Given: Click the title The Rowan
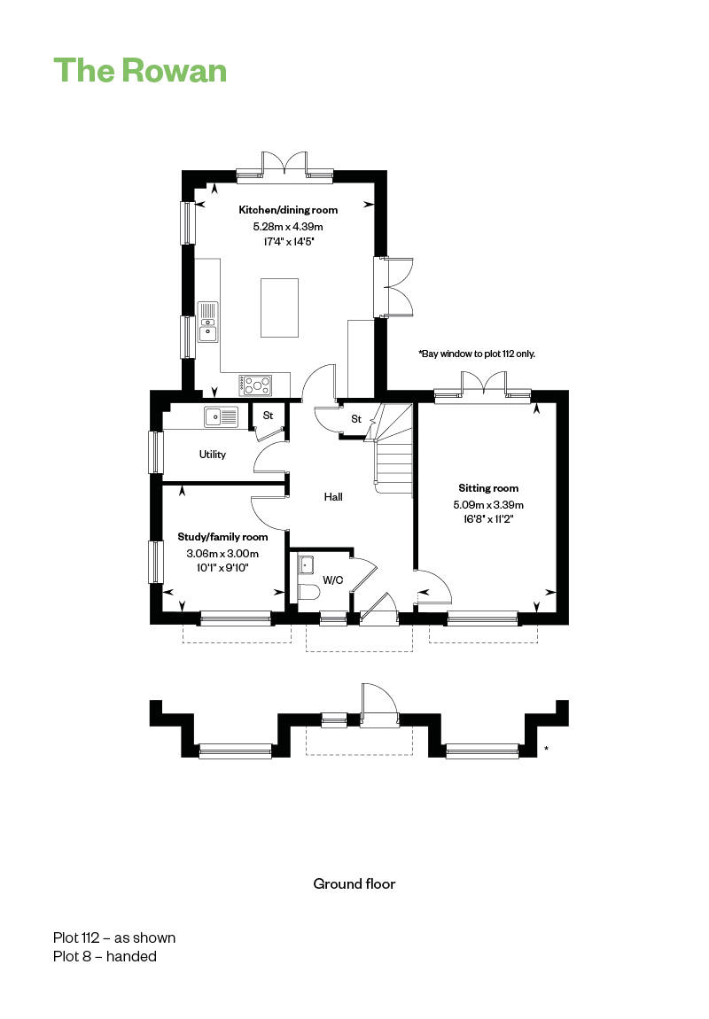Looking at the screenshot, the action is pos(140,71).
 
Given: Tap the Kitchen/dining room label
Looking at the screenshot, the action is pos(288,210).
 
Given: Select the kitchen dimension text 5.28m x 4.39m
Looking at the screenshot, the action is pos(288,227).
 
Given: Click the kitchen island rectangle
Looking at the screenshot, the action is pos(279,307).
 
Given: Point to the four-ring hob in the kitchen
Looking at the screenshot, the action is pos(255,385).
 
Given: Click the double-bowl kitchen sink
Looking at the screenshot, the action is pos(208,322).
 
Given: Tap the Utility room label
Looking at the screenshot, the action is pos(213,455).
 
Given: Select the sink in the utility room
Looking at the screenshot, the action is pos(222,416).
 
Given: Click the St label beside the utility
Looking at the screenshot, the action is pos(268,416).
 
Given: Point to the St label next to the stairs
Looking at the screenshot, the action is pos(356,419).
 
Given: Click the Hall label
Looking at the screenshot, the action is pos(333,496).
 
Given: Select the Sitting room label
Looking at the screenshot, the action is pos(488,488).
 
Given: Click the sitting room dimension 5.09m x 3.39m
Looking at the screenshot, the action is pos(488,504).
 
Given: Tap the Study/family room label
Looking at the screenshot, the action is pos(223,537).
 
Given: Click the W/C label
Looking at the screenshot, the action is pos(332,580).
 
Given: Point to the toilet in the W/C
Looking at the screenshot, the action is pos(308,593).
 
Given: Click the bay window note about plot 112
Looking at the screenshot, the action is pos(477,354).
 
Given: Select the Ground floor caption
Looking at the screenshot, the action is pos(354,883).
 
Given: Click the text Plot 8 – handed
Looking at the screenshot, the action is pos(105,957).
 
